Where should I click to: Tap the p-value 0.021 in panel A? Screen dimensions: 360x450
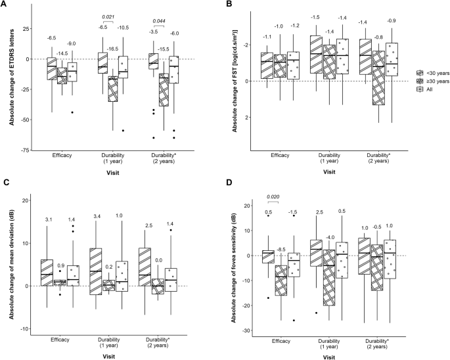point(108,16)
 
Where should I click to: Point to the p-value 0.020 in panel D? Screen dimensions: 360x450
point(273,196)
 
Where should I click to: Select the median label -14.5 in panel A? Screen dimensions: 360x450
point(62,53)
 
